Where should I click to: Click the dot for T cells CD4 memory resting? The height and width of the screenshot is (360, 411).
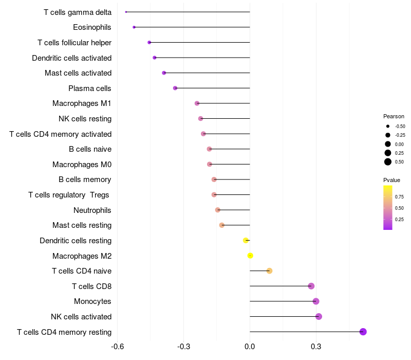click(363, 332)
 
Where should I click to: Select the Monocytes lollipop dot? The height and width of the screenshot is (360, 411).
click(316, 301)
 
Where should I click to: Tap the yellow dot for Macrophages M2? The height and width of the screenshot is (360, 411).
click(250, 256)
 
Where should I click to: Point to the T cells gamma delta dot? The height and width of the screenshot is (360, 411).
click(126, 12)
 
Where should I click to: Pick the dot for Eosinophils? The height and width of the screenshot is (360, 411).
click(134, 27)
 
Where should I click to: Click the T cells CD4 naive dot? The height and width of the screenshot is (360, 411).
click(269, 271)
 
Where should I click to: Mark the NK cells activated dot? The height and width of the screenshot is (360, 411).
click(319, 316)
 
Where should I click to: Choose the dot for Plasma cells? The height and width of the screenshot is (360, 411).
click(175, 88)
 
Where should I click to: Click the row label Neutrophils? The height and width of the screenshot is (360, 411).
click(92, 210)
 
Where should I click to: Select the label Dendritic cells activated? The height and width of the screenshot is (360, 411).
click(72, 58)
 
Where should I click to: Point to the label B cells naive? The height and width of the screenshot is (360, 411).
click(90, 149)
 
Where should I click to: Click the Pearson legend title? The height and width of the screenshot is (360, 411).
click(394, 116)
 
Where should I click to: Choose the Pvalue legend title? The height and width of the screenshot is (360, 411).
click(391, 180)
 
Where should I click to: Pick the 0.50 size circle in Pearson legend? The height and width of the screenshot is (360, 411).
click(388, 162)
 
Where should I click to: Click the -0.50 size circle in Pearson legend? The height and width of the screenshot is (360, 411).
click(388, 126)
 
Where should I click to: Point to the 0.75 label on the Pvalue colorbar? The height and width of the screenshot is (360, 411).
click(399, 196)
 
